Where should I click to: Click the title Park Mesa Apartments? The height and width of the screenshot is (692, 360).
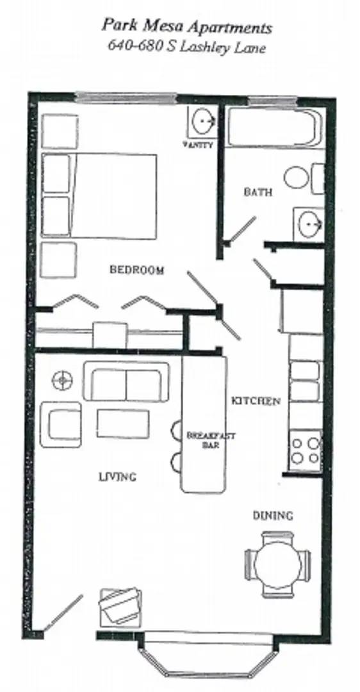tap(186, 28)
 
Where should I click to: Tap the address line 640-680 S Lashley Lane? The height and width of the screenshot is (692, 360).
tap(186, 47)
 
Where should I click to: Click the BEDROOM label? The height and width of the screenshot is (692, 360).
tap(136, 270)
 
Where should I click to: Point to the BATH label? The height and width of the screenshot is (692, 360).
tap(258, 192)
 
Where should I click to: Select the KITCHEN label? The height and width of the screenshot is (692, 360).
tap(256, 401)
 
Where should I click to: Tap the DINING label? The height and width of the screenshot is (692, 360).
tap(273, 515)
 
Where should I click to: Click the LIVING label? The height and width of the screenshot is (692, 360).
tap(117, 476)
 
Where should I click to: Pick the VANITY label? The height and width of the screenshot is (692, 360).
tap(198, 145)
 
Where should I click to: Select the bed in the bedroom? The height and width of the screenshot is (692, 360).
tap(102, 195)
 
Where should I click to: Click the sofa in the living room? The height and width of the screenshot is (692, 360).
tap(126, 383)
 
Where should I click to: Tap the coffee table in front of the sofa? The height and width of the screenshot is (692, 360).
tap(123, 424)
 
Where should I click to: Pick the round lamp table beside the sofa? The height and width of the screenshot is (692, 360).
tap(61, 380)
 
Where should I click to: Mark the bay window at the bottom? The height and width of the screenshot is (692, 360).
tap(208, 654)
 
